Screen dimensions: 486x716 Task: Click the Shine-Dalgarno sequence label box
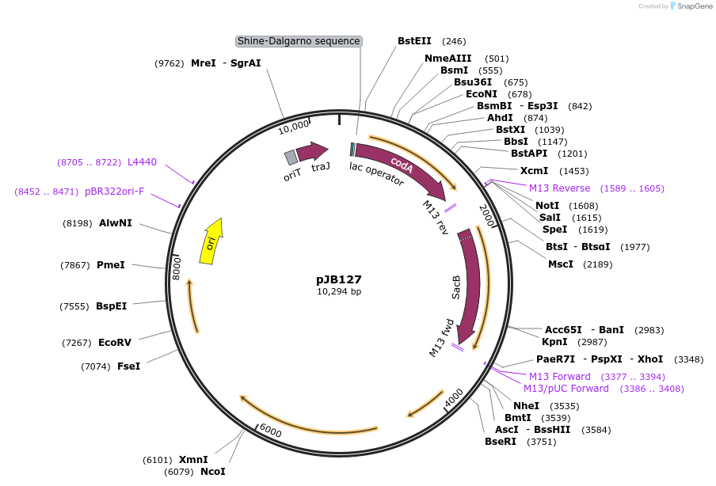pos(299,41)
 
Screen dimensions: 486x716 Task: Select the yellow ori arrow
pos(212,241)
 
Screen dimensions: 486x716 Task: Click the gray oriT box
pos(291,158)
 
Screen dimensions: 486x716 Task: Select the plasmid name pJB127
pos(339,279)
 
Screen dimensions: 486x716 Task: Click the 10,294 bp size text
pos(339,291)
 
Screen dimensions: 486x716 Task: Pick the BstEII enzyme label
pos(415,41)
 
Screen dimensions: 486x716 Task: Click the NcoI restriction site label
pos(213,472)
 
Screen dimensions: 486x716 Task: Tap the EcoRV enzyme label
pos(115,343)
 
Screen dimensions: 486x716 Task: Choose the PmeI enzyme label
pos(111,265)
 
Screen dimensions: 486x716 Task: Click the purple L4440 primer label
pos(143,162)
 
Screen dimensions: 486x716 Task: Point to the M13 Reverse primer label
pos(560,188)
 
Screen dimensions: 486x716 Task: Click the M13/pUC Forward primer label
pos(566,389)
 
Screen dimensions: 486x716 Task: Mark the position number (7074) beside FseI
pos(99,366)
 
